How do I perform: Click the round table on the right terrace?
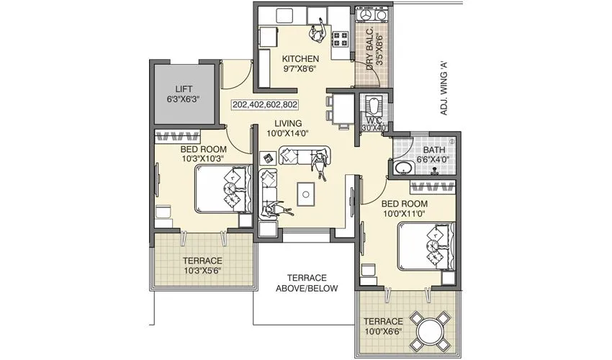pyautogui.click(x=429, y=328)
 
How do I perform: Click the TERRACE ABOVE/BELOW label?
pyautogui.click(x=307, y=283)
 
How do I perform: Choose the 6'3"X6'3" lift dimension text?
pyautogui.click(x=183, y=100)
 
